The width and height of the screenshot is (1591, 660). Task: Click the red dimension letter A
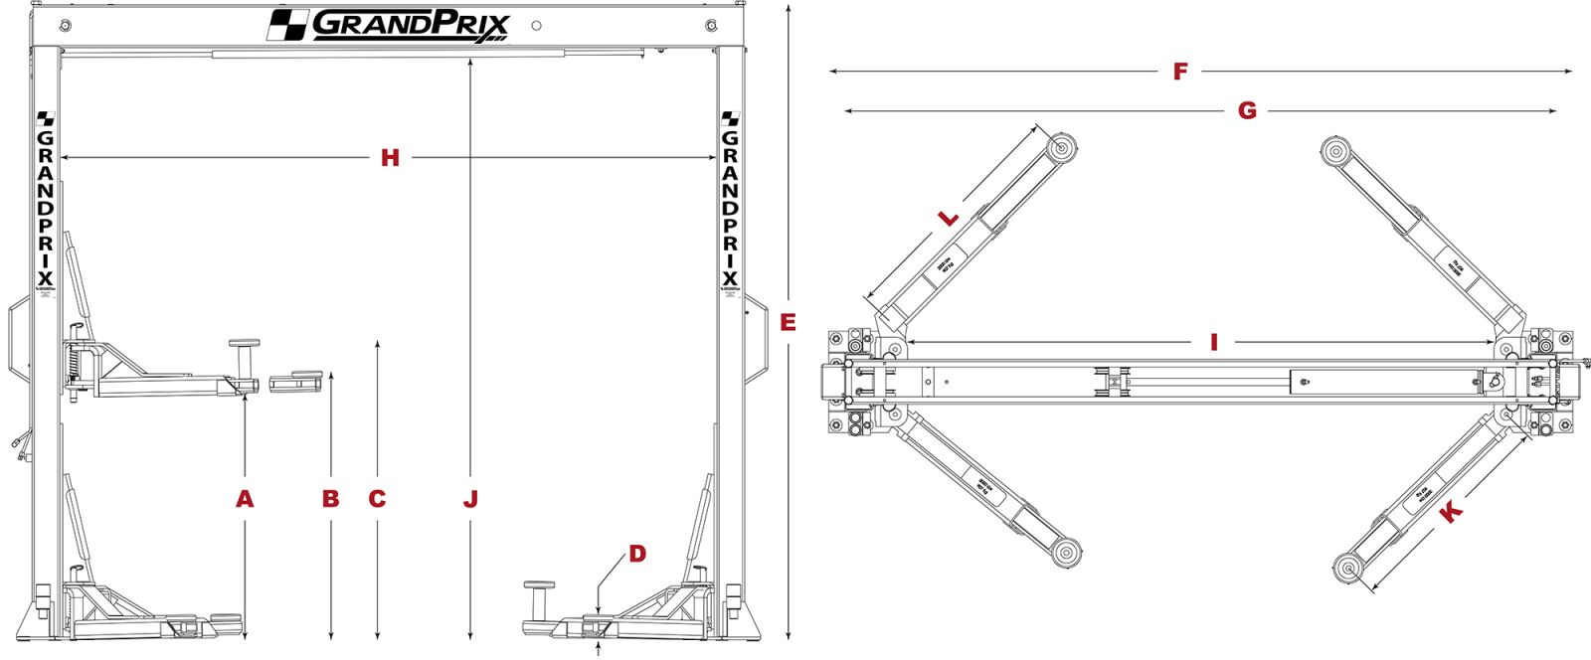[245, 499]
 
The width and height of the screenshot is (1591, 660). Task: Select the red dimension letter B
[331, 499]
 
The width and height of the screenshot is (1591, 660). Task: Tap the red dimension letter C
[377, 499]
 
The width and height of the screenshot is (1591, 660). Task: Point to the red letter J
[470, 499]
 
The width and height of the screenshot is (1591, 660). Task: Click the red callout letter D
[637, 554]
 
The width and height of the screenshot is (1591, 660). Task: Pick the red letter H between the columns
[390, 158]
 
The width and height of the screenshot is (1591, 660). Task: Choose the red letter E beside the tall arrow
[789, 322]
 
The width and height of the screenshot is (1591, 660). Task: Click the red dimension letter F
[1180, 72]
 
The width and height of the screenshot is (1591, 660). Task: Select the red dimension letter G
[1247, 110]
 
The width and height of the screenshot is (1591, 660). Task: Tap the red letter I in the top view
[1214, 343]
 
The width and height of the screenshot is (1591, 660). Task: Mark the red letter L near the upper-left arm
[950, 218]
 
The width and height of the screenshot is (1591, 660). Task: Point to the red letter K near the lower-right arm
[1451, 513]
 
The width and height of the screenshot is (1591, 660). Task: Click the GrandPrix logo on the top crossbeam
[391, 25]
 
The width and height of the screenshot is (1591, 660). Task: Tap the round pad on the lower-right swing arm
[1348, 570]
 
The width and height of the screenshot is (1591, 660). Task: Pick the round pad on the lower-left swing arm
[1067, 553]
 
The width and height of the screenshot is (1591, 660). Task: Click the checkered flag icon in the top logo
[287, 25]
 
